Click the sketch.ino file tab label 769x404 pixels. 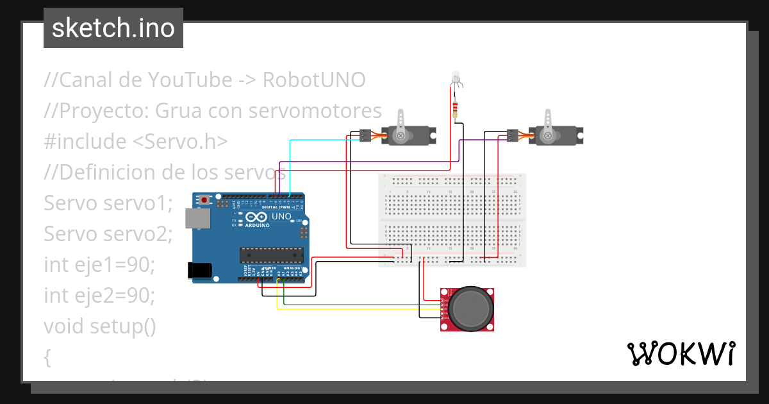[113, 28]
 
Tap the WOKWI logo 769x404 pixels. [680, 354]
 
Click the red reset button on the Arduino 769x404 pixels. [204, 200]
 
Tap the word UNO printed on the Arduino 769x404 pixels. [281, 217]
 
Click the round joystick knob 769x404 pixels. [472, 308]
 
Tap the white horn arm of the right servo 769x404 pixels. [548, 121]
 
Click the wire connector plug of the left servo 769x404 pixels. [365, 135]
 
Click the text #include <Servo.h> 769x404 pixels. [135, 142]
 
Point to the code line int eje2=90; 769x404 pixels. [99, 296]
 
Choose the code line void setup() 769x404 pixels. [99, 326]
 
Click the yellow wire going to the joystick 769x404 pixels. [359, 309]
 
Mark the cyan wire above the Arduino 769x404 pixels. [320, 140]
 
